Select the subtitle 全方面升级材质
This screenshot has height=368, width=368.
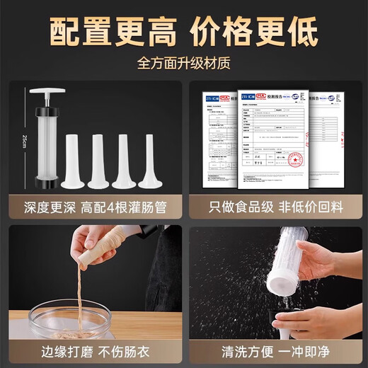click(183, 63)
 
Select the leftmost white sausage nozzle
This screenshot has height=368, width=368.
click(73, 162)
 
